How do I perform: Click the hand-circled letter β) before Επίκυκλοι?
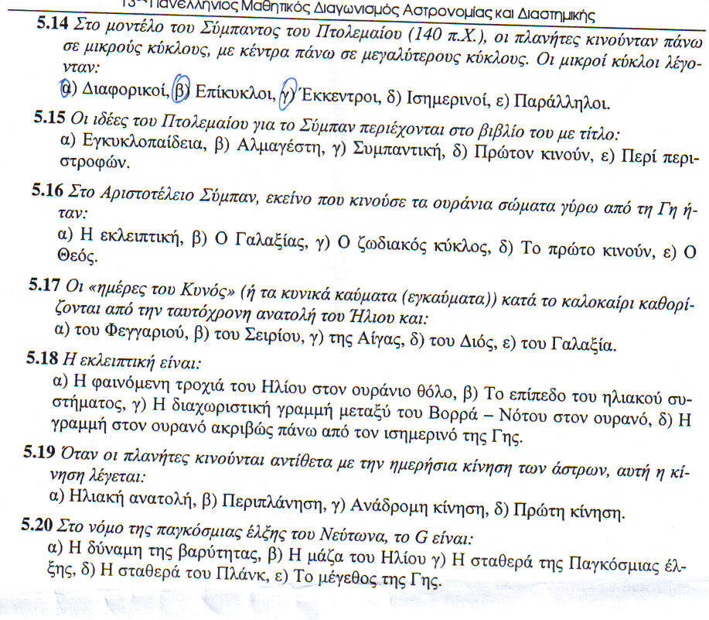click(x=181, y=91)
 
